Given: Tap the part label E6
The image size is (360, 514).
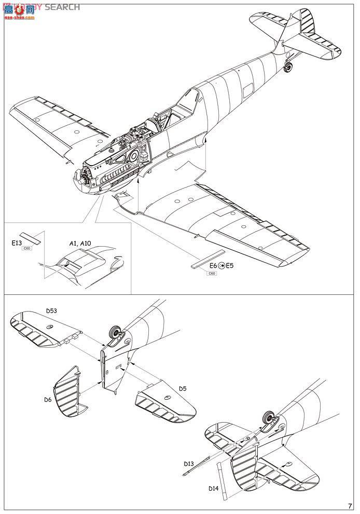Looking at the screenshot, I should (x=213, y=266).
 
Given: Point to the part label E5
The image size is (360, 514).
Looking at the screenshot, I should (x=230, y=266).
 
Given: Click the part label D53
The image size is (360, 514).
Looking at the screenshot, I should (x=51, y=311).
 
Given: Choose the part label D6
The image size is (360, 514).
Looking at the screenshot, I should (x=47, y=399).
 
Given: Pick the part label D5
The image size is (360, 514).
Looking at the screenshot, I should (x=183, y=388).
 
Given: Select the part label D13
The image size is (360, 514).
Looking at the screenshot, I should (x=190, y=463).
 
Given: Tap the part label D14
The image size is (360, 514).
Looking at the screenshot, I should (x=213, y=488).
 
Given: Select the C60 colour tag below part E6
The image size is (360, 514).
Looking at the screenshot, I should (x=211, y=273).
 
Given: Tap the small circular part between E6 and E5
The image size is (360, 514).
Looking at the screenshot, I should (x=222, y=266).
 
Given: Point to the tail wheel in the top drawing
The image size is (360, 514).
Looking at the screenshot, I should (x=289, y=66).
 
